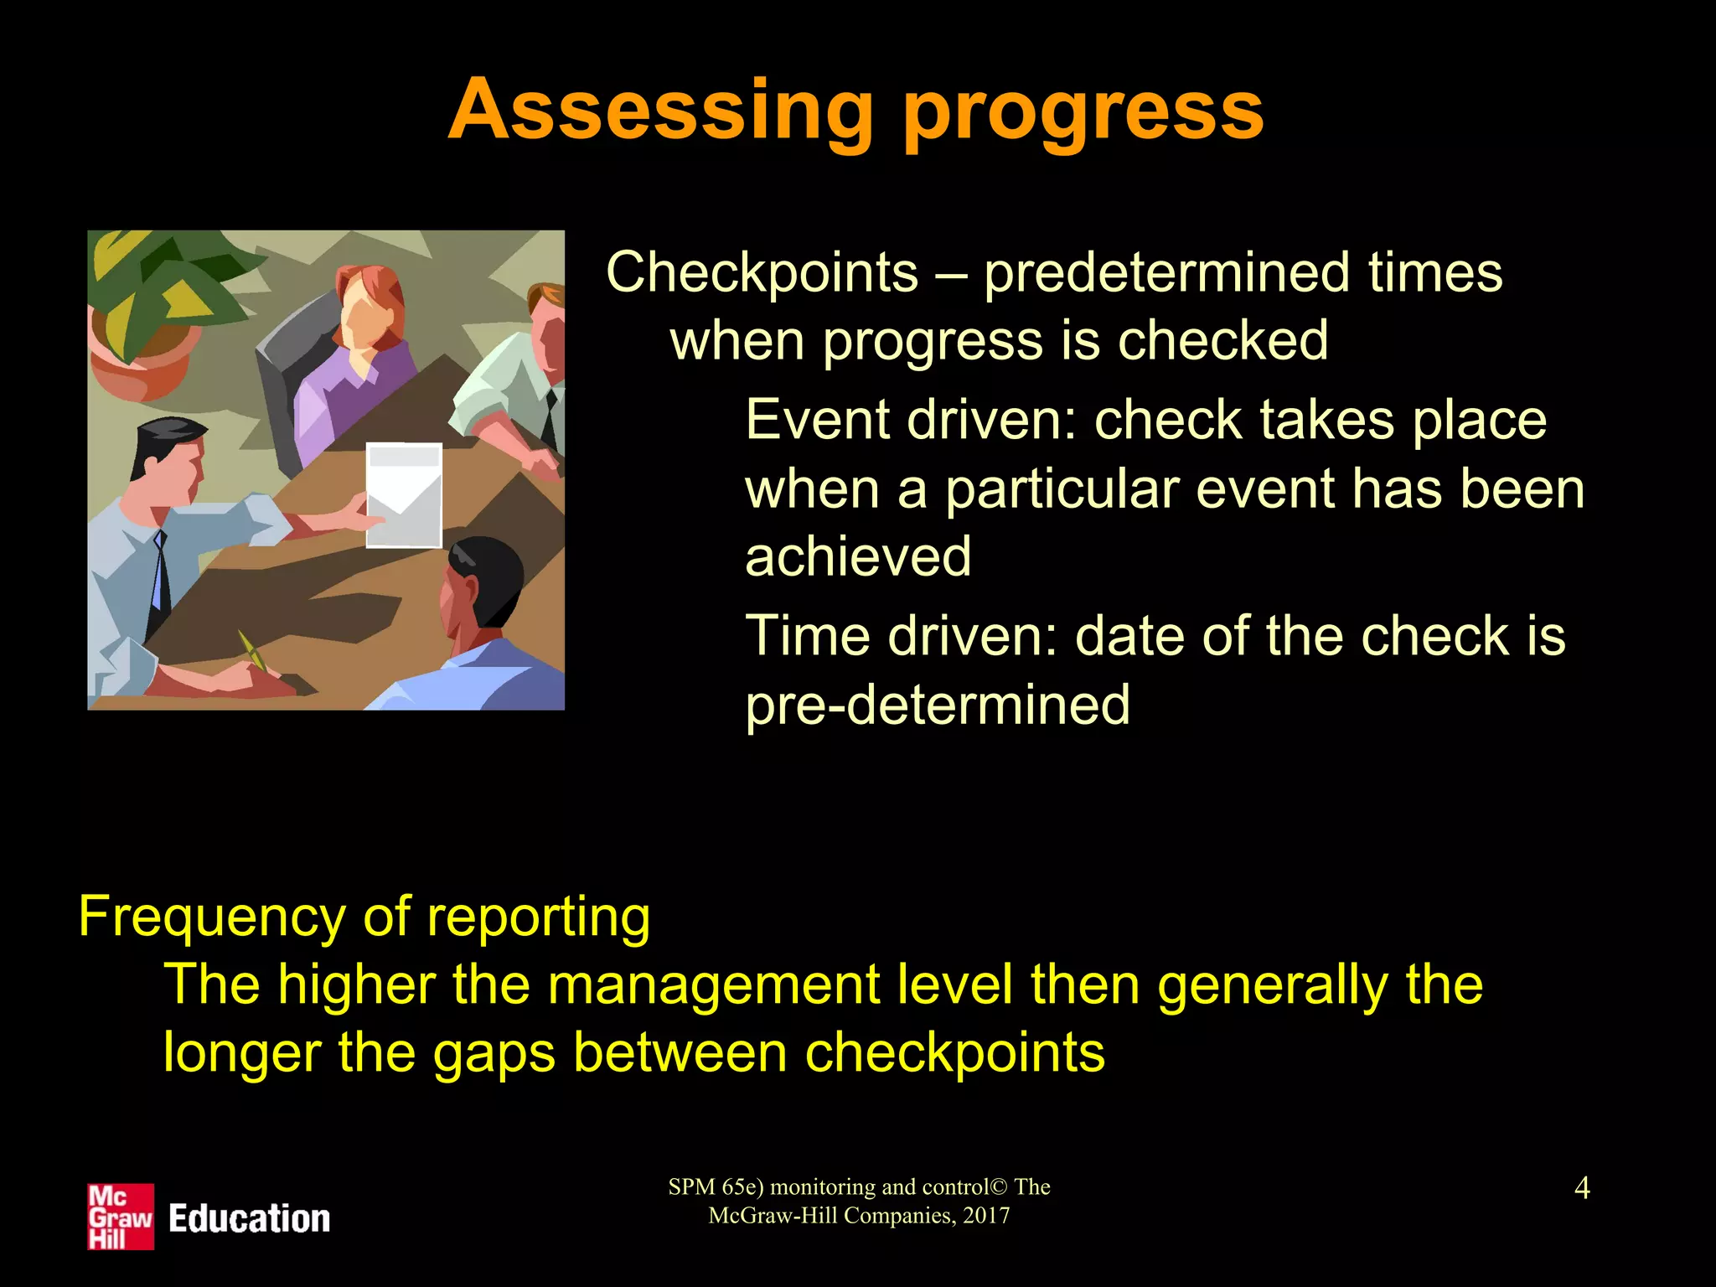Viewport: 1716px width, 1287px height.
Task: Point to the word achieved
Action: point(858,556)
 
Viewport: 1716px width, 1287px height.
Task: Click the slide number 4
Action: point(1582,1188)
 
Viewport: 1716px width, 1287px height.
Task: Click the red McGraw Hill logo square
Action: point(121,1217)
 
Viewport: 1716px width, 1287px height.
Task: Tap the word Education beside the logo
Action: point(249,1218)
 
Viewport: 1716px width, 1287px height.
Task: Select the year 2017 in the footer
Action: point(986,1216)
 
